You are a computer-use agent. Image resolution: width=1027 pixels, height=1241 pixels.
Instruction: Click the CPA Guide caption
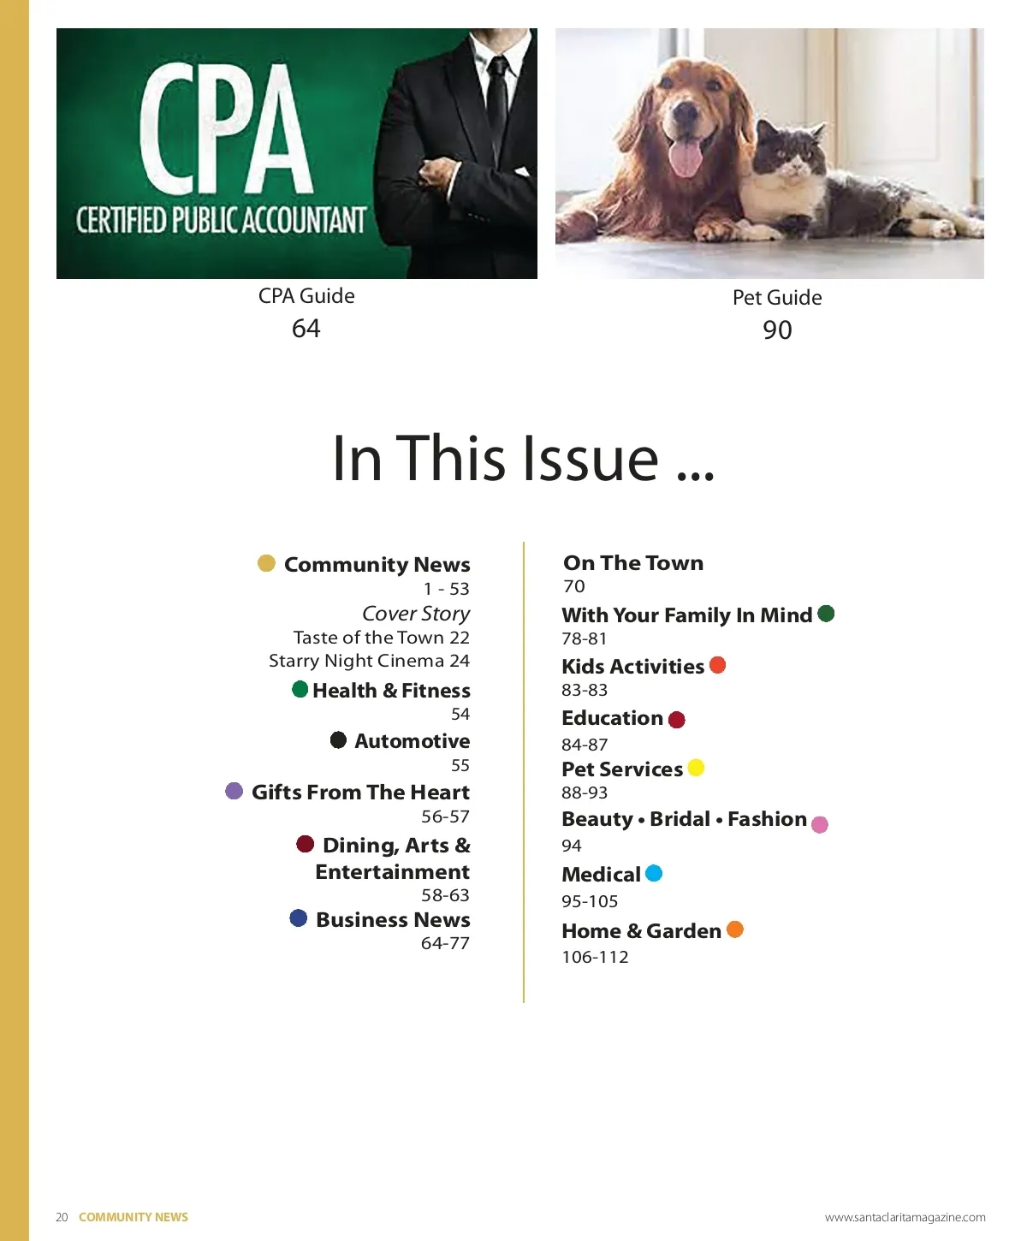tap(306, 296)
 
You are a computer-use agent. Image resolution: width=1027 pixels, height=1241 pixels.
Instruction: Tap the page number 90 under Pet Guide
tap(777, 330)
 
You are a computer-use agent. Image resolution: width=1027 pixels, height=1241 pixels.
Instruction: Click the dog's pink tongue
tap(686, 158)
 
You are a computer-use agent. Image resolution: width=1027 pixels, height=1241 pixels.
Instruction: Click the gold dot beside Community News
tap(266, 563)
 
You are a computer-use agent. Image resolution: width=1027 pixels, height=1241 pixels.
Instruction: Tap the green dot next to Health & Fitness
tap(300, 689)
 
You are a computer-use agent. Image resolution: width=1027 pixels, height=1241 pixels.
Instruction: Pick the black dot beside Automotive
tap(338, 739)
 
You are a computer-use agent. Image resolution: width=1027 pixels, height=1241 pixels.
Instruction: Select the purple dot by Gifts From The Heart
tap(234, 791)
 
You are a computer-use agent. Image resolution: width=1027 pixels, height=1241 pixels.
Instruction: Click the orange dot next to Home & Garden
tap(735, 929)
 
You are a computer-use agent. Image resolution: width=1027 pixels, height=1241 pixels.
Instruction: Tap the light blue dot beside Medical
tap(654, 873)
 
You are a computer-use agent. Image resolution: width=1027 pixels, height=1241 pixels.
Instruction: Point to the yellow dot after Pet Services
tap(696, 768)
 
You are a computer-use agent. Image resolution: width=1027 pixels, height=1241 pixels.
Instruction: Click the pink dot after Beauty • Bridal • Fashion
tap(819, 825)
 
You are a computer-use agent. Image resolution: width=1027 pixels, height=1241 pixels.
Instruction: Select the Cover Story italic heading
tap(416, 614)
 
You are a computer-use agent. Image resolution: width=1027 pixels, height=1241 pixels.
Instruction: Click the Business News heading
tap(393, 920)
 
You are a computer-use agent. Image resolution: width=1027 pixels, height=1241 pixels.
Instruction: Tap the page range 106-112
tap(595, 957)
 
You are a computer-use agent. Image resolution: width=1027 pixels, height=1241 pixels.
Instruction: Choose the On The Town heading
tap(633, 563)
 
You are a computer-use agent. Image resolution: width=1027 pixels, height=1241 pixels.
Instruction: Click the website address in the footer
tap(905, 1217)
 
